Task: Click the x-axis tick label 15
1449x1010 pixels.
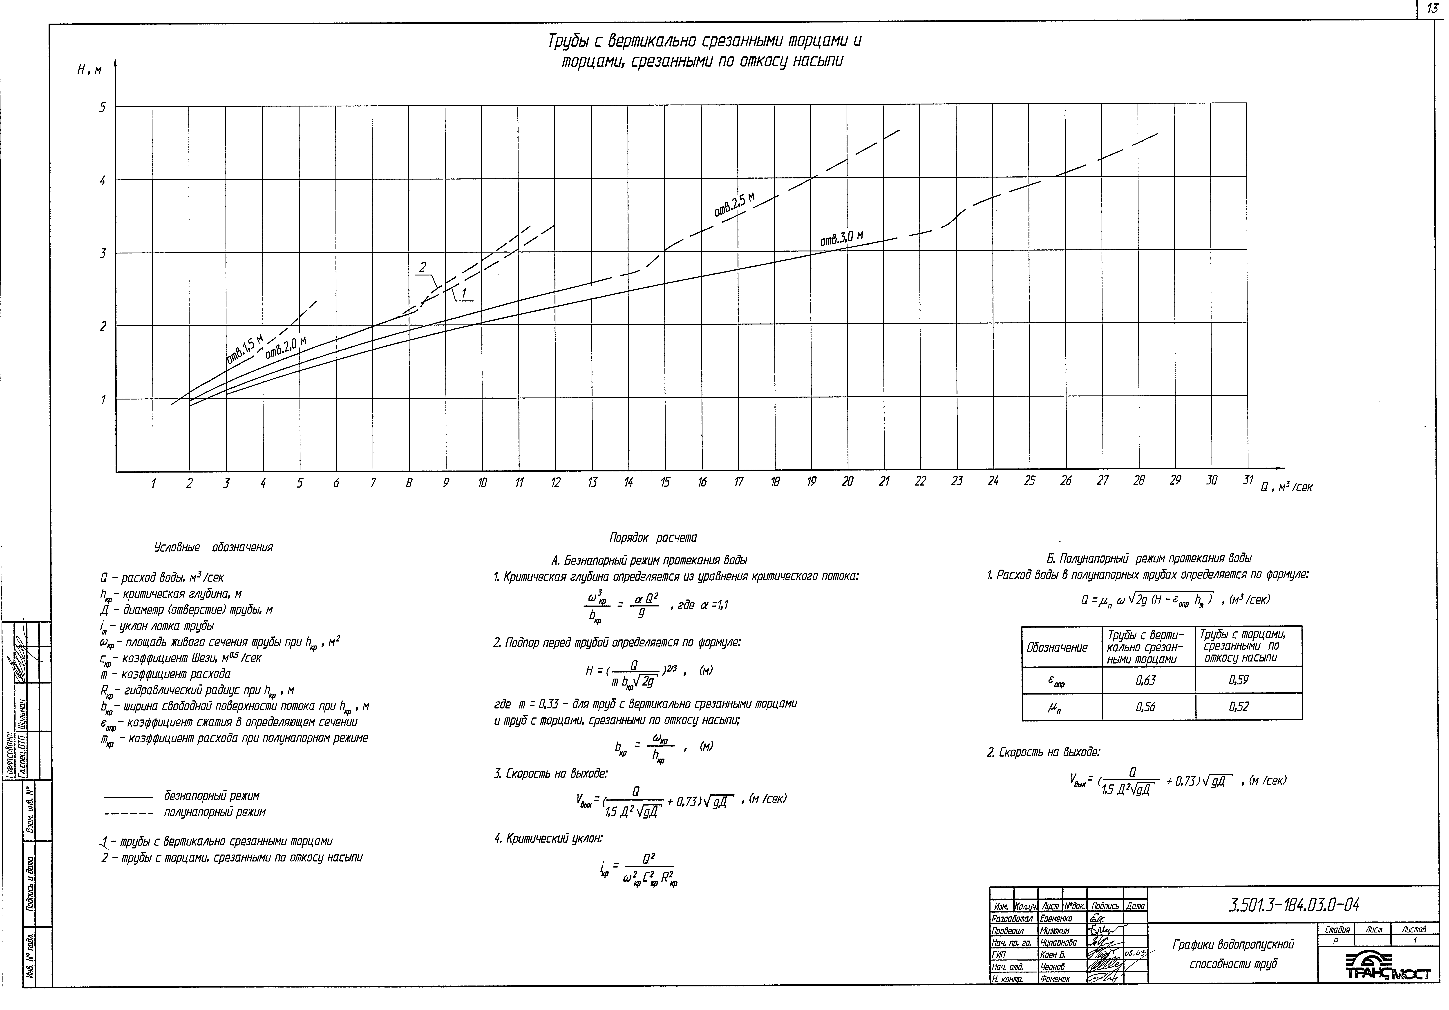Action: click(x=665, y=483)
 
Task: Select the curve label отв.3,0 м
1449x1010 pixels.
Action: click(x=841, y=238)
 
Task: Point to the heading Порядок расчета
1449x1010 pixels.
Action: click(x=653, y=537)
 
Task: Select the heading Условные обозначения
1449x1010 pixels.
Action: click(x=213, y=547)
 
